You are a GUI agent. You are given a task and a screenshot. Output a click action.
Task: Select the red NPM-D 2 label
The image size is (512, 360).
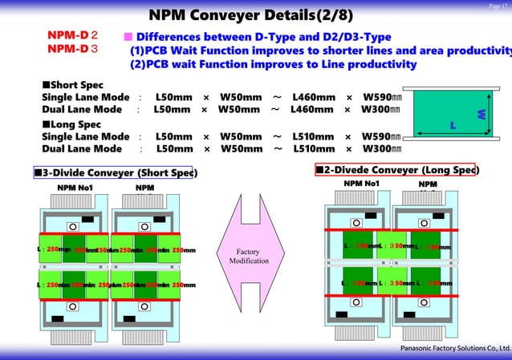tap(72, 36)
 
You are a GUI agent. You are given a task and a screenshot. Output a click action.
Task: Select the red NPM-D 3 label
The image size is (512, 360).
tap(72, 50)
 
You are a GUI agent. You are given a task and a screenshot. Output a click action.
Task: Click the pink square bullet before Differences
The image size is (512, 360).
tap(127, 37)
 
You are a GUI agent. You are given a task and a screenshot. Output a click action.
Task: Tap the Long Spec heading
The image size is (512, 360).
tap(71, 124)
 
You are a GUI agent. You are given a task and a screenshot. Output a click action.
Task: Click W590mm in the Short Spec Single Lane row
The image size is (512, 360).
tap(382, 97)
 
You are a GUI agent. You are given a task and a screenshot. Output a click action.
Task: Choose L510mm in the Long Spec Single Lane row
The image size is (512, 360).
tap(314, 136)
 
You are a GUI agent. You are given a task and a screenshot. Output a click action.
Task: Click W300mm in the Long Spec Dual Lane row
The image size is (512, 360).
tap(380, 148)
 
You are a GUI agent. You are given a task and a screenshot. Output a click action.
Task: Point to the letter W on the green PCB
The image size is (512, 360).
tap(482, 115)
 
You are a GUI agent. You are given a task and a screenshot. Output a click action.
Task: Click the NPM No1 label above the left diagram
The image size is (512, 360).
tap(75, 188)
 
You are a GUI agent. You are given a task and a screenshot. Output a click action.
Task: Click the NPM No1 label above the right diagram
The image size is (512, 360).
tap(361, 184)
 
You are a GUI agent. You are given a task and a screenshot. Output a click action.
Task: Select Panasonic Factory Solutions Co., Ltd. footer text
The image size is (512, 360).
tap(454, 350)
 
